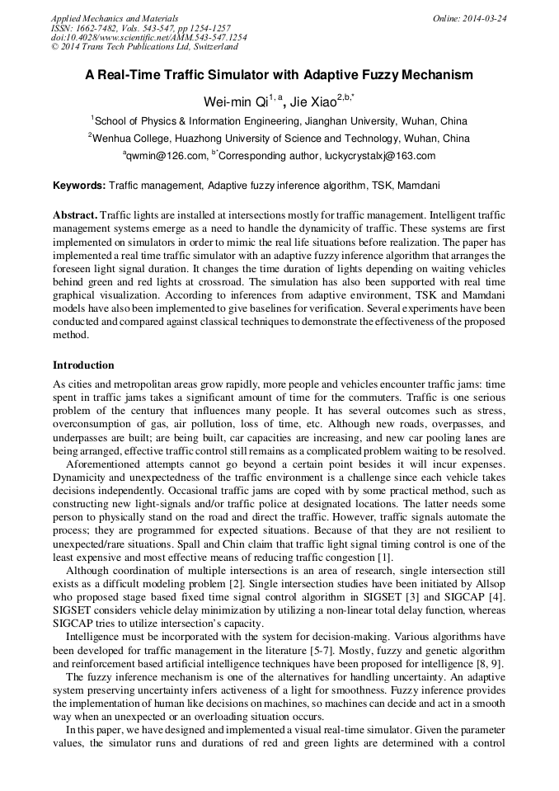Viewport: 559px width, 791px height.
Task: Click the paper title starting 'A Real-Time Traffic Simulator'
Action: coord(279,75)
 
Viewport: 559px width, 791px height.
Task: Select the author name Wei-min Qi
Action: coord(238,101)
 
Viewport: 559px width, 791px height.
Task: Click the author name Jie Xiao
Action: coord(314,101)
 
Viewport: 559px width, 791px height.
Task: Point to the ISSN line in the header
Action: coord(141,28)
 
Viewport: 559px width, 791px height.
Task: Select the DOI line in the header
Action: coord(148,37)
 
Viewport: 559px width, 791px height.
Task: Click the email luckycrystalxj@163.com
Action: coord(384,156)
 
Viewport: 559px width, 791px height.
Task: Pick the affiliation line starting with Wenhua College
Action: coord(280,139)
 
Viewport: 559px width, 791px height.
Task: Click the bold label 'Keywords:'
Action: coord(79,186)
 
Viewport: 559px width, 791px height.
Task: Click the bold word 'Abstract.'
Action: coord(75,214)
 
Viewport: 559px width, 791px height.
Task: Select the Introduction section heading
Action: coord(83,365)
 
